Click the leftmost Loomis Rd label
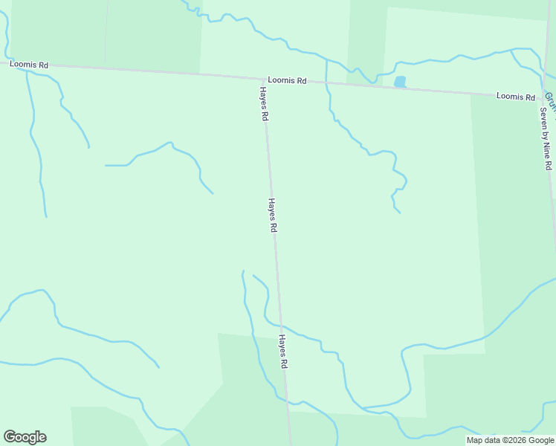29,65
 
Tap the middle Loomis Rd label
288,80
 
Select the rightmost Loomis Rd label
516,97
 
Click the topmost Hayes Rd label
263,104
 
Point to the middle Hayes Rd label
273,216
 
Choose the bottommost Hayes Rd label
283,352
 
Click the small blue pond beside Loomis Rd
400,82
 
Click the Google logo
25,437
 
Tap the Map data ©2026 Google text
510,440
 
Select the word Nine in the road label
546,149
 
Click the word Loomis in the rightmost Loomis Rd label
511,97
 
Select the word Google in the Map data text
540,440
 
